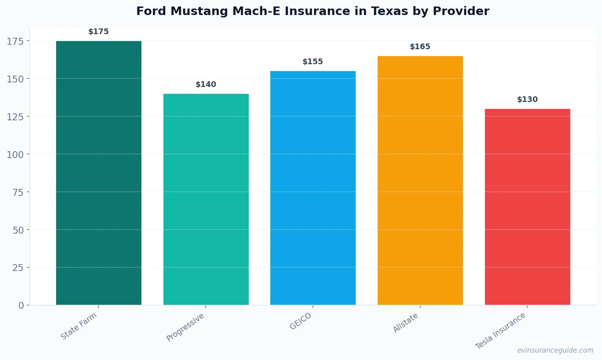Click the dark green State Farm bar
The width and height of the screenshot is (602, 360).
[99, 173]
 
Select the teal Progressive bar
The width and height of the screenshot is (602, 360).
[206, 199]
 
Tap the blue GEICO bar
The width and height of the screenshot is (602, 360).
[313, 188]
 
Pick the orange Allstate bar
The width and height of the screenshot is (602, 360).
[420, 180]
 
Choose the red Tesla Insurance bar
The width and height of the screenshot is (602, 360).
[527, 207]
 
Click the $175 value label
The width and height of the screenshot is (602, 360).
[99, 32]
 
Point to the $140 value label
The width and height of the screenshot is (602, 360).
[206, 85]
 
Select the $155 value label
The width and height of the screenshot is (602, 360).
[313, 62]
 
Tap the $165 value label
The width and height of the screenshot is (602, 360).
[420, 47]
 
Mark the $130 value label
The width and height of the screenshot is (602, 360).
[527, 100]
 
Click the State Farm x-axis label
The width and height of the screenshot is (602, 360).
[79, 326]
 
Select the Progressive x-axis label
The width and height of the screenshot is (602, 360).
[185, 327]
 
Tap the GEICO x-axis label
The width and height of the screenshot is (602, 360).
[301, 321]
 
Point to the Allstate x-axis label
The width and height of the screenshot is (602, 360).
[406, 323]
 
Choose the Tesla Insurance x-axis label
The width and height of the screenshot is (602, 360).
[500, 331]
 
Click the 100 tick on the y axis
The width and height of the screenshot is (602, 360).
[15, 154]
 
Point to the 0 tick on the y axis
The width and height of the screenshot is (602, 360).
[21, 306]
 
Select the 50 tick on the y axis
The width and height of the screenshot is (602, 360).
[18, 230]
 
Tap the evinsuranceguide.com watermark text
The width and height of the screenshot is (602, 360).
[555, 350]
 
